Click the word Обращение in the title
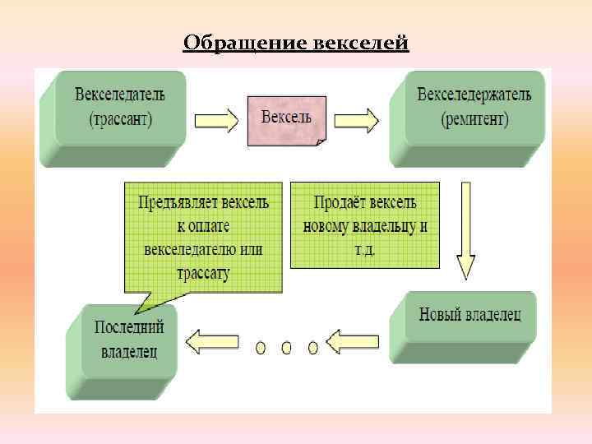coord(245,42)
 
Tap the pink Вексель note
coord(286,119)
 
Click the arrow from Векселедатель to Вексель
coord(216,121)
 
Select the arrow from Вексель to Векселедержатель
coord(356,121)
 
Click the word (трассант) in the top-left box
coord(120,120)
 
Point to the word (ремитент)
coord(474,120)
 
